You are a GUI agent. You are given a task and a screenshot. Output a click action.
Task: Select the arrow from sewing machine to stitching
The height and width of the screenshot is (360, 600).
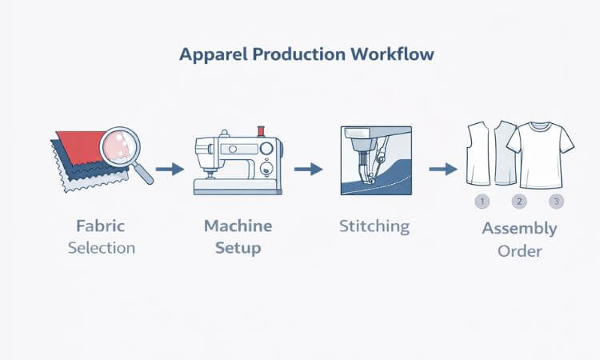[x=308, y=169]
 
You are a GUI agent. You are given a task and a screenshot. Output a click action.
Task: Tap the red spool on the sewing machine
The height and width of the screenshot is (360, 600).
[x=260, y=130]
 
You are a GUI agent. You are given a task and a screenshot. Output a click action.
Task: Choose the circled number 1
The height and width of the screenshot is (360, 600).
[x=482, y=202]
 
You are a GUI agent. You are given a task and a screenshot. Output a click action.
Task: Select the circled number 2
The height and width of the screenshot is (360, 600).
[x=518, y=202]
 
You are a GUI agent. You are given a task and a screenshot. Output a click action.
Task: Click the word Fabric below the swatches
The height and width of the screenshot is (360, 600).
[x=101, y=226]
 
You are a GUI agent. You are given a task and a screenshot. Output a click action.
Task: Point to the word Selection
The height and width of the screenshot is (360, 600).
[x=102, y=247]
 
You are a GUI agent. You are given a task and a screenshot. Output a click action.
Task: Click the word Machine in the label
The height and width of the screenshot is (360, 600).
[x=238, y=226]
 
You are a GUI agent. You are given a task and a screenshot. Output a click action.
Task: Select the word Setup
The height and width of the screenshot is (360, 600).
[x=238, y=248]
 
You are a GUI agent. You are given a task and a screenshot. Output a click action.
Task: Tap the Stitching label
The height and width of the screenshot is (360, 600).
[x=374, y=226]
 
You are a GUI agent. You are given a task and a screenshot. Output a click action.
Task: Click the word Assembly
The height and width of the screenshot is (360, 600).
[x=519, y=229]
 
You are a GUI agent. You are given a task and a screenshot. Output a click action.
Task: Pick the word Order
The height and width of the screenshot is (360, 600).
[x=519, y=250]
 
